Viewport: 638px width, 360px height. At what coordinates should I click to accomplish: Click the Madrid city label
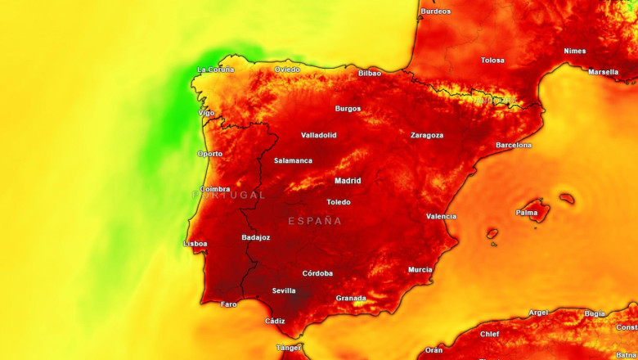(x=348, y=181)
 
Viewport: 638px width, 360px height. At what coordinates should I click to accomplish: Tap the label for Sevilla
(x=284, y=290)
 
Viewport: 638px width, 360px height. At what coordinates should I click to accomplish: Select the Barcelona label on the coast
(x=514, y=145)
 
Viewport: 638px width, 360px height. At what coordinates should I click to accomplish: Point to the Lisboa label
(x=195, y=243)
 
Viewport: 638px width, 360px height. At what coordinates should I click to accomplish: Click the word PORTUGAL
(x=229, y=195)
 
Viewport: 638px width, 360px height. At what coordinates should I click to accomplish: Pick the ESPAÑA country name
(x=315, y=221)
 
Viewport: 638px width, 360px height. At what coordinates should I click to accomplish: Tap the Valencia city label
(x=442, y=216)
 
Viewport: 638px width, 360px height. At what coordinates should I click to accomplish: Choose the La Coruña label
(x=216, y=70)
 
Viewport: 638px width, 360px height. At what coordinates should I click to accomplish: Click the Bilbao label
(x=370, y=73)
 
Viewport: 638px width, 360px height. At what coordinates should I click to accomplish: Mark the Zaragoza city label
(x=427, y=135)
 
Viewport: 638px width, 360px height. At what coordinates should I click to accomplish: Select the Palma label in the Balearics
(x=527, y=212)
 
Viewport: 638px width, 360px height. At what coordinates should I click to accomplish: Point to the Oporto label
(x=209, y=154)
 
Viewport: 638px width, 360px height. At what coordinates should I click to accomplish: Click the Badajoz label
(x=256, y=237)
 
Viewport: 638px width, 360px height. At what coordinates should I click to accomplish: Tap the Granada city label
(x=351, y=298)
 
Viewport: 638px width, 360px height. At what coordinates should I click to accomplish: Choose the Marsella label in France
(x=604, y=72)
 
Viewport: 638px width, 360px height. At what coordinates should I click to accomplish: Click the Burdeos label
(x=435, y=11)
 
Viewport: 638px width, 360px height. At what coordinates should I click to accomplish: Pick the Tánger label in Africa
(x=289, y=348)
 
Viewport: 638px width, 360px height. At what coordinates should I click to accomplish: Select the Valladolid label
(x=319, y=135)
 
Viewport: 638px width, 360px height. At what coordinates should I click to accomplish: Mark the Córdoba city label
(x=317, y=273)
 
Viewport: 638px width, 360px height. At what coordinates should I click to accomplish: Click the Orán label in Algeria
(x=434, y=349)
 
